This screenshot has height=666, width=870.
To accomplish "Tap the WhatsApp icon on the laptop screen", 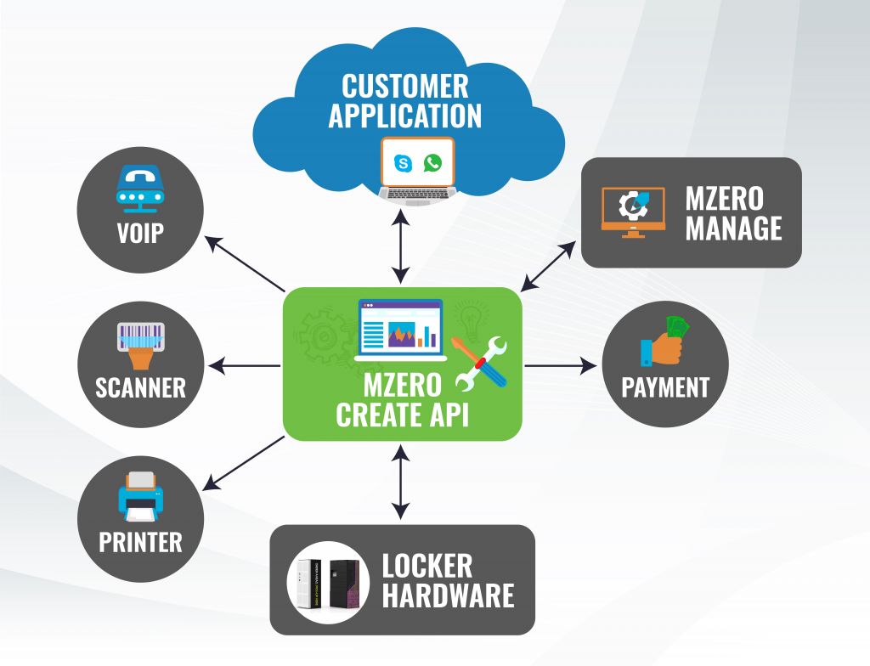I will tap(433, 162).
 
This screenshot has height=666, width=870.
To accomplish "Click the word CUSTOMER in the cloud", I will tap(404, 87).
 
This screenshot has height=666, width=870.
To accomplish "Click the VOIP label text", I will tap(140, 233).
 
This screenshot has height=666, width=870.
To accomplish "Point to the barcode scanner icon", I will tap(140, 344).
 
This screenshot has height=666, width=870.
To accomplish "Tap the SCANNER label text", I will tap(140, 388).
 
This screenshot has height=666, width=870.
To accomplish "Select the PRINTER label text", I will tap(140, 542).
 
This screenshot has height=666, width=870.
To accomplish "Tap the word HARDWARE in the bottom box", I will tap(448, 595).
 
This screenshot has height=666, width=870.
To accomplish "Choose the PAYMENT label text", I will tap(664, 388).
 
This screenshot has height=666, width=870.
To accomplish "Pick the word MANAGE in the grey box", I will tap(733, 229).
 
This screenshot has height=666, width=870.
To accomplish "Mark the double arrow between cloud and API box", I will tap(401, 247).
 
